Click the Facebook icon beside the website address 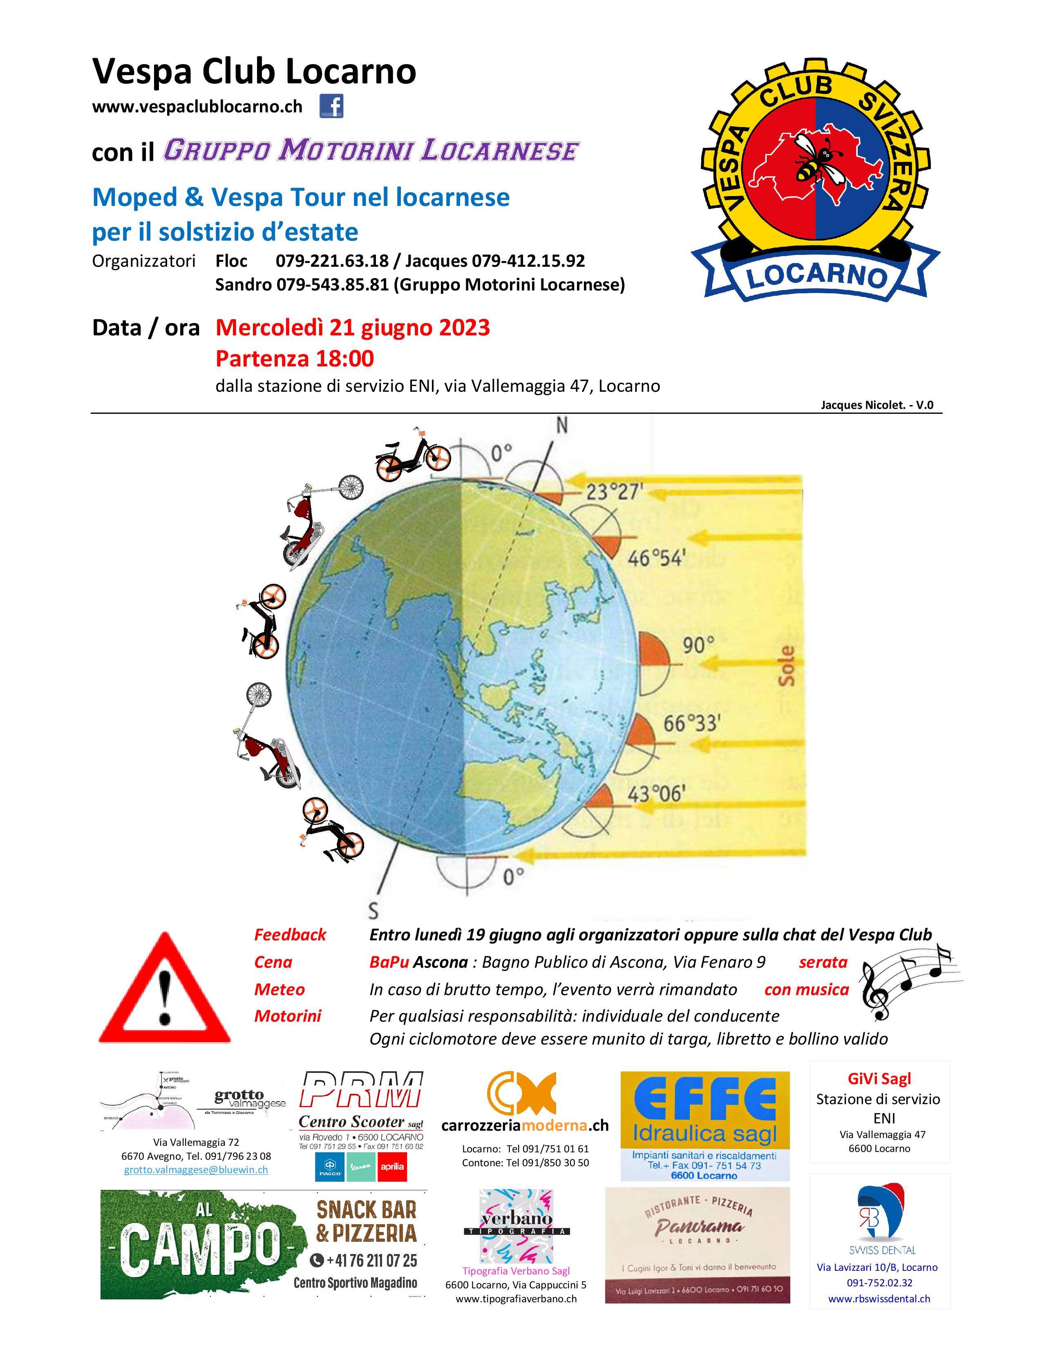click(x=331, y=107)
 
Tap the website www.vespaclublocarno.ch click(x=197, y=107)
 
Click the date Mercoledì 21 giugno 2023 click(x=353, y=327)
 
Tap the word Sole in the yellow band click(x=787, y=667)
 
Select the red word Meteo click(x=279, y=989)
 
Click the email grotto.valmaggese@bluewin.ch click(x=196, y=1169)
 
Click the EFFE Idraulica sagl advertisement click(x=704, y=1126)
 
